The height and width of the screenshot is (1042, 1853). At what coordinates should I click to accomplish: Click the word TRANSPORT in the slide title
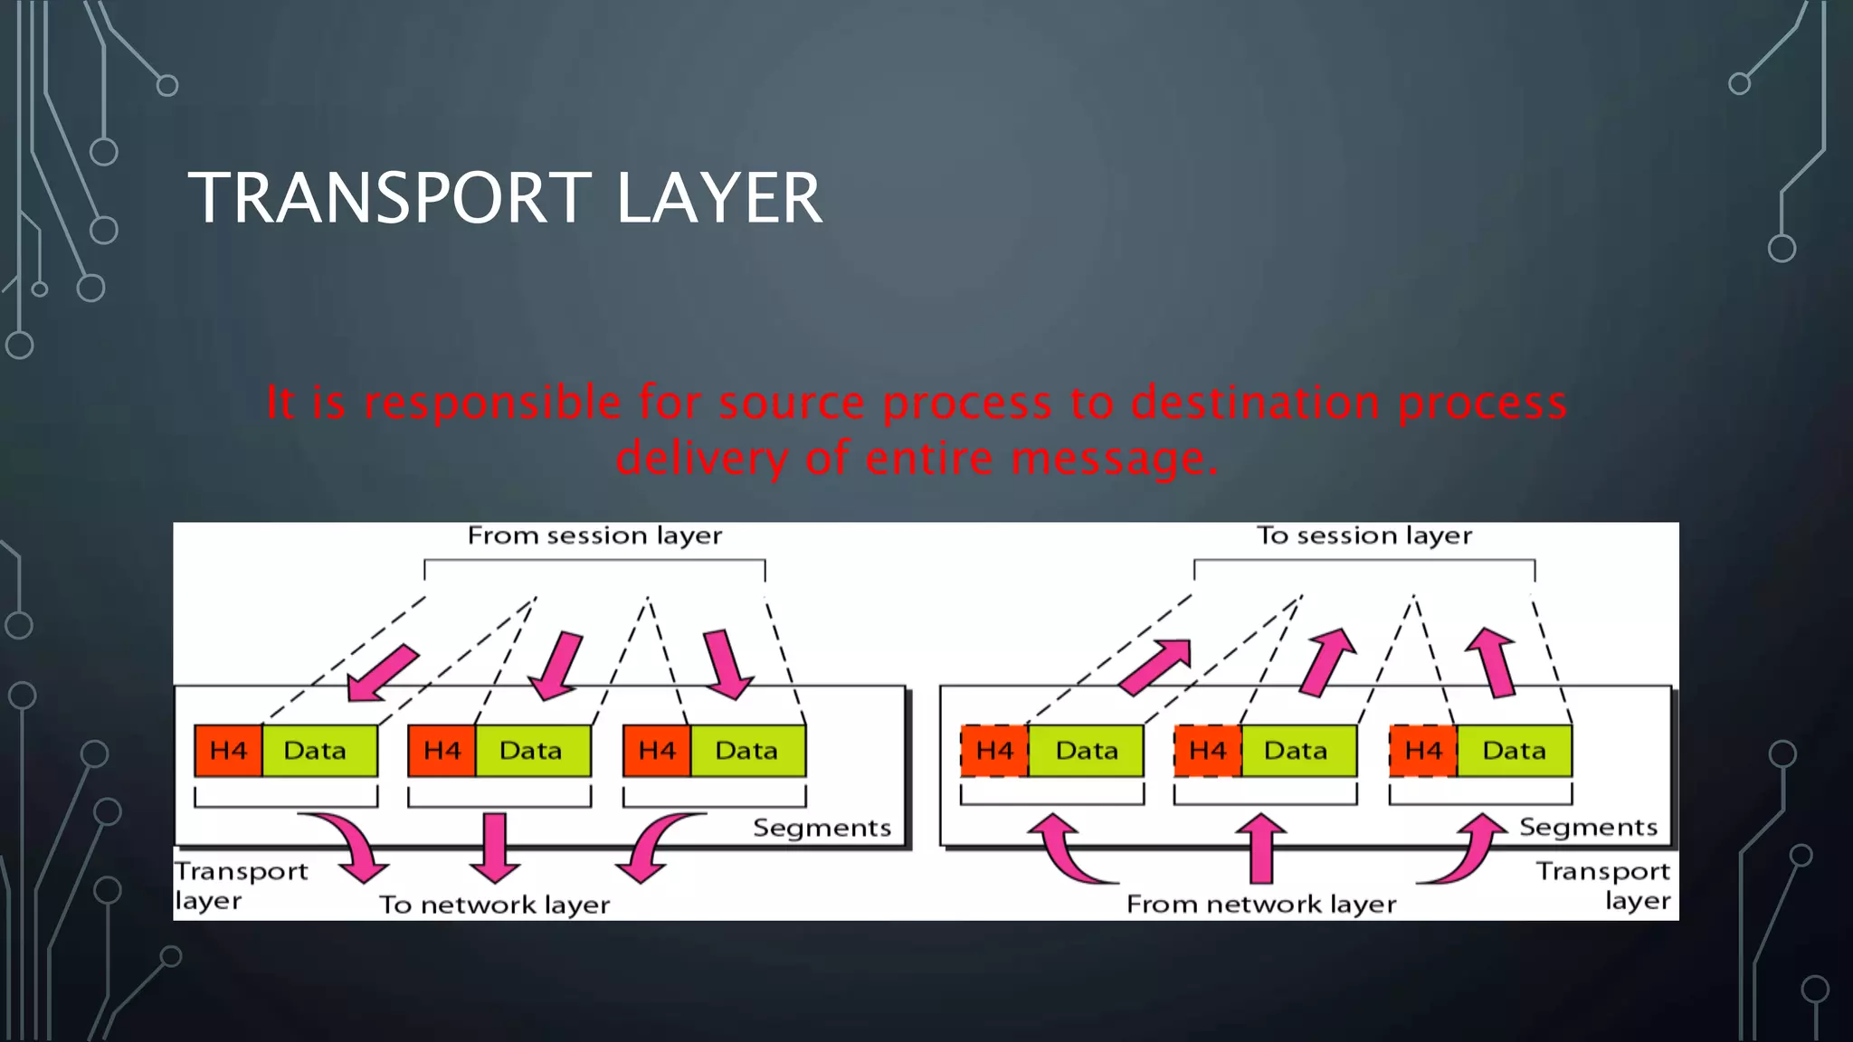[389, 198]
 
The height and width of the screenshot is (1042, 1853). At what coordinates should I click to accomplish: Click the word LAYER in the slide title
[719, 198]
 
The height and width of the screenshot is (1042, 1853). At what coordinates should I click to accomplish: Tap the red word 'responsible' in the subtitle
[492, 403]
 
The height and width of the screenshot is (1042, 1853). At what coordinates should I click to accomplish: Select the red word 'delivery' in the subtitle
[702, 458]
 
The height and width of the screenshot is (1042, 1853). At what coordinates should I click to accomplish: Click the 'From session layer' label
[594, 535]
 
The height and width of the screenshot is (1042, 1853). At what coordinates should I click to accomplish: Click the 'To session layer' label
[1364, 535]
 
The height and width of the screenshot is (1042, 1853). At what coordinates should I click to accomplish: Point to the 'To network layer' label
[494, 905]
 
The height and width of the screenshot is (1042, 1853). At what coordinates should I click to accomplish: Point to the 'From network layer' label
[1260, 905]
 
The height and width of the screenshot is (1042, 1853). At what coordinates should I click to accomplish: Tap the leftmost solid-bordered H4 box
[228, 751]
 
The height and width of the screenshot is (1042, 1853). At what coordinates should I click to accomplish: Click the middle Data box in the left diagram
[532, 751]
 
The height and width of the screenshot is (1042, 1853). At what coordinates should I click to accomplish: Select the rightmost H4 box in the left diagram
[657, 751]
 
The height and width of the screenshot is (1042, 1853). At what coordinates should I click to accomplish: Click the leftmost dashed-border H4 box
[994, 751]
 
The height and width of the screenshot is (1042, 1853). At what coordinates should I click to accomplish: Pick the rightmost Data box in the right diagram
[1514, 751]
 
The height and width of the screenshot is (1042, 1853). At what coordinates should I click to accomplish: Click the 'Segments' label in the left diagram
[822, 828]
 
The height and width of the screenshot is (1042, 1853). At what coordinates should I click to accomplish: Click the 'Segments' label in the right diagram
[1588, 827]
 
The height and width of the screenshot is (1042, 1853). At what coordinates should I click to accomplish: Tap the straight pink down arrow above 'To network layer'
[495, 846]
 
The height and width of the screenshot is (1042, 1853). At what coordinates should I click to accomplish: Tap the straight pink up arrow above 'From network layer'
[1260, 848]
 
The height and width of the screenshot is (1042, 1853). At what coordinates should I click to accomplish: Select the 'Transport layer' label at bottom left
[241, 885]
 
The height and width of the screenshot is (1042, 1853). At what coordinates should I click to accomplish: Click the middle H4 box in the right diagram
[1207, 751]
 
